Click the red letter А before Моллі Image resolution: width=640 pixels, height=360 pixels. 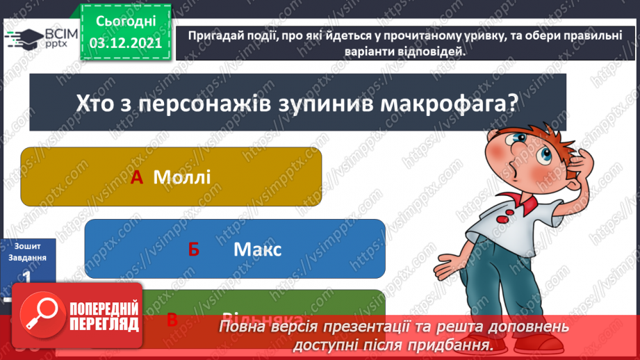click(x=137, y=177)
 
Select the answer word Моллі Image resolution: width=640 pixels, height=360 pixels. click(x=181, y=177)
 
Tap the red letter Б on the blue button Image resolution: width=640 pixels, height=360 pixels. click(x=193, y=249)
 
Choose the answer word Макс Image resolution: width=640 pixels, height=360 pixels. click(x=257, y=249)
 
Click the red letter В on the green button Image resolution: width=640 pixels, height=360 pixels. click(x=172, y=320)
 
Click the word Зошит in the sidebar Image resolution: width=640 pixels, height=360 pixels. click(x=28, y=246)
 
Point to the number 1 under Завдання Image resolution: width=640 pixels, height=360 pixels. click(x=27, y=276)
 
